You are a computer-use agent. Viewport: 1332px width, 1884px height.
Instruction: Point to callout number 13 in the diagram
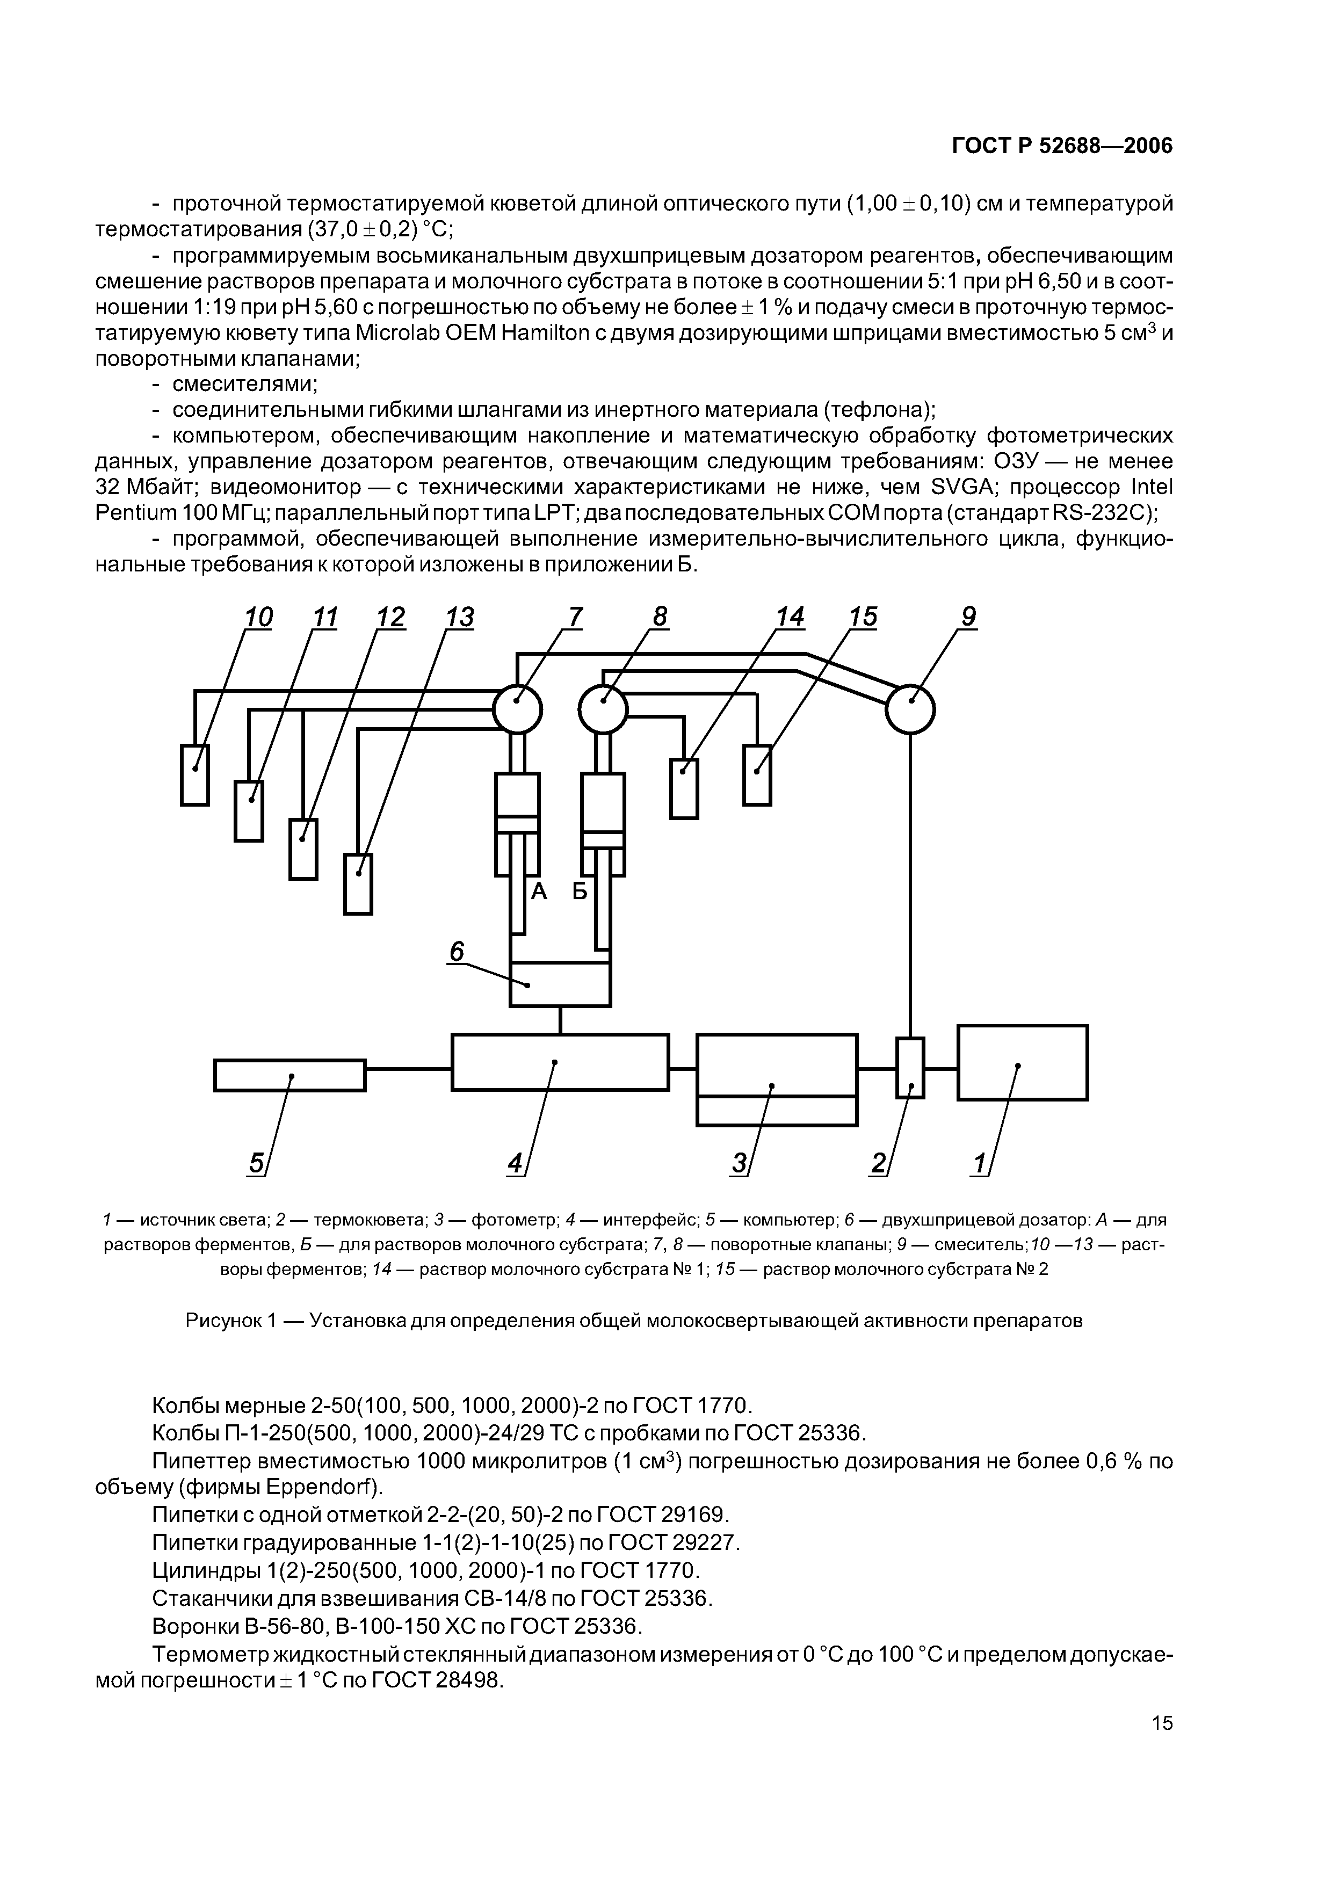coord(460,617)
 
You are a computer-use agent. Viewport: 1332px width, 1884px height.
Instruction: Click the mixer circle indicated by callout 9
coord(910,709)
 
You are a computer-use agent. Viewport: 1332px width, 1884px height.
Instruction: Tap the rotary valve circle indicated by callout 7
coord(517,709)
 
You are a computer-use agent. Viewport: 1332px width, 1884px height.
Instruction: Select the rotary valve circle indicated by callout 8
coord(603,709)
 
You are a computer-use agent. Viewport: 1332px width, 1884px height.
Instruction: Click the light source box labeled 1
coord(1023,1062)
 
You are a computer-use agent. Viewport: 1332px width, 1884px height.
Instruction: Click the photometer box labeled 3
coord(777,1078)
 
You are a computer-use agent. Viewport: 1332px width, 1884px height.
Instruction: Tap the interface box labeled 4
coord(560,1062)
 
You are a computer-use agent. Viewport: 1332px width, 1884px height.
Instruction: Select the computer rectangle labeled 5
coord(289,1075)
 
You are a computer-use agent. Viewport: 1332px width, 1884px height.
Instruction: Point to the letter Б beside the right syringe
coord(580,891)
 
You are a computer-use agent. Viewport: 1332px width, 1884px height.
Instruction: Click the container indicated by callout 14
coord(684,788)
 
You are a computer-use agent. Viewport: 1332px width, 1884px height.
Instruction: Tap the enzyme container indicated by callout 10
coord(194,774)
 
